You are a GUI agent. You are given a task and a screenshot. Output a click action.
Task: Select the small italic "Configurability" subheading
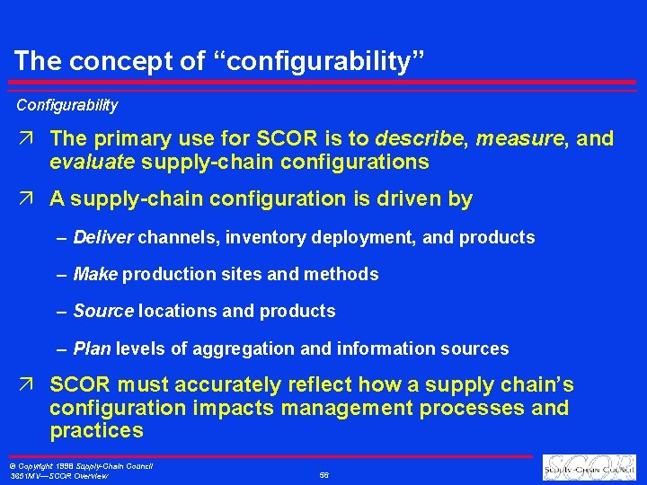(x=66, y=105)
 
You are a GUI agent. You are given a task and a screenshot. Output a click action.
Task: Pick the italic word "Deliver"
(x=103, y=238)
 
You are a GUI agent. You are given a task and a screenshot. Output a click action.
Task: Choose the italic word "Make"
(x=96, y=274)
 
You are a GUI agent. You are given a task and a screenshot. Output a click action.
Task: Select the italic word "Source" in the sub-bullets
(x=103, y=312)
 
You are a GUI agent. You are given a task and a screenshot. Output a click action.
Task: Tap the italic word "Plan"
(x=93, y=348)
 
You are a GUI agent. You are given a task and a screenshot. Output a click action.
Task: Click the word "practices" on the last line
(x=96, y=431)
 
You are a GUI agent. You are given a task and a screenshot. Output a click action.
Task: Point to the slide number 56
(x=323, y=475)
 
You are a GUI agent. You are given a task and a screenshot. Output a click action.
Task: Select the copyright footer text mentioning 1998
(x=81, y=466)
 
